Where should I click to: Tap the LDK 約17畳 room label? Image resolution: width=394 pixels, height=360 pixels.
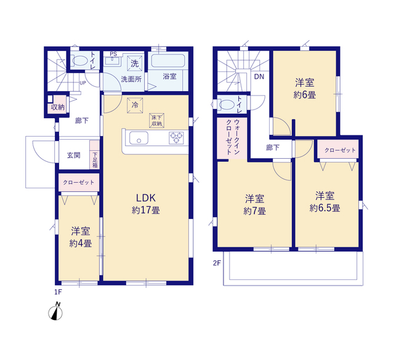click(146, 204)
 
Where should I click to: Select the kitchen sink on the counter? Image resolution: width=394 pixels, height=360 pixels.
click(139, 138)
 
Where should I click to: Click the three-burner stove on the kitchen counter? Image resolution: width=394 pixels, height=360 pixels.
click(177, 138)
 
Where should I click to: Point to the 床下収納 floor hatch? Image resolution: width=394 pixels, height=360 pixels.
click(156, 121)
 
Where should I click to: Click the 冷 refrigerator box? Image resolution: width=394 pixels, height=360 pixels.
click(135, 105)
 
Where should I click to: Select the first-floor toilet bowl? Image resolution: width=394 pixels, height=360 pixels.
click(80, 60)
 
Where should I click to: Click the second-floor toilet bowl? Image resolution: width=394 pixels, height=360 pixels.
click(227, 104)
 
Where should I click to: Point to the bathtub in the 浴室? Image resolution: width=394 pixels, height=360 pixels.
click(168, 60)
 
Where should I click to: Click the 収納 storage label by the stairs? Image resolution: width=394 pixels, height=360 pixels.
click(58, 107)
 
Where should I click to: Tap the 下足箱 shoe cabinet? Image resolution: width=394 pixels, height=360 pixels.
click(95, 154)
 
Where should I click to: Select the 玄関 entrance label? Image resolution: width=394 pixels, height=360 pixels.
click(74, 155)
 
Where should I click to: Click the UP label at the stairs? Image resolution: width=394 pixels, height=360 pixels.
click(82, 83)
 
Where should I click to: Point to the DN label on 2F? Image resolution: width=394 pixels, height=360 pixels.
click(259, 77)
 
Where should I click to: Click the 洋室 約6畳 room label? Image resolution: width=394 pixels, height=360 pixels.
click(305, 89)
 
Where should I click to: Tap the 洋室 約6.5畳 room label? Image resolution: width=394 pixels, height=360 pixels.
click(325, 202)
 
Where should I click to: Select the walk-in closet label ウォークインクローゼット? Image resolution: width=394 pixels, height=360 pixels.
click(233, 137)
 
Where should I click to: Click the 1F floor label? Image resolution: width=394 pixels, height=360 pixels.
click(58, 292)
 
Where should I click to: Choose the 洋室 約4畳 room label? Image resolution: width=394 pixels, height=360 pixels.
click(81, 237)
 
